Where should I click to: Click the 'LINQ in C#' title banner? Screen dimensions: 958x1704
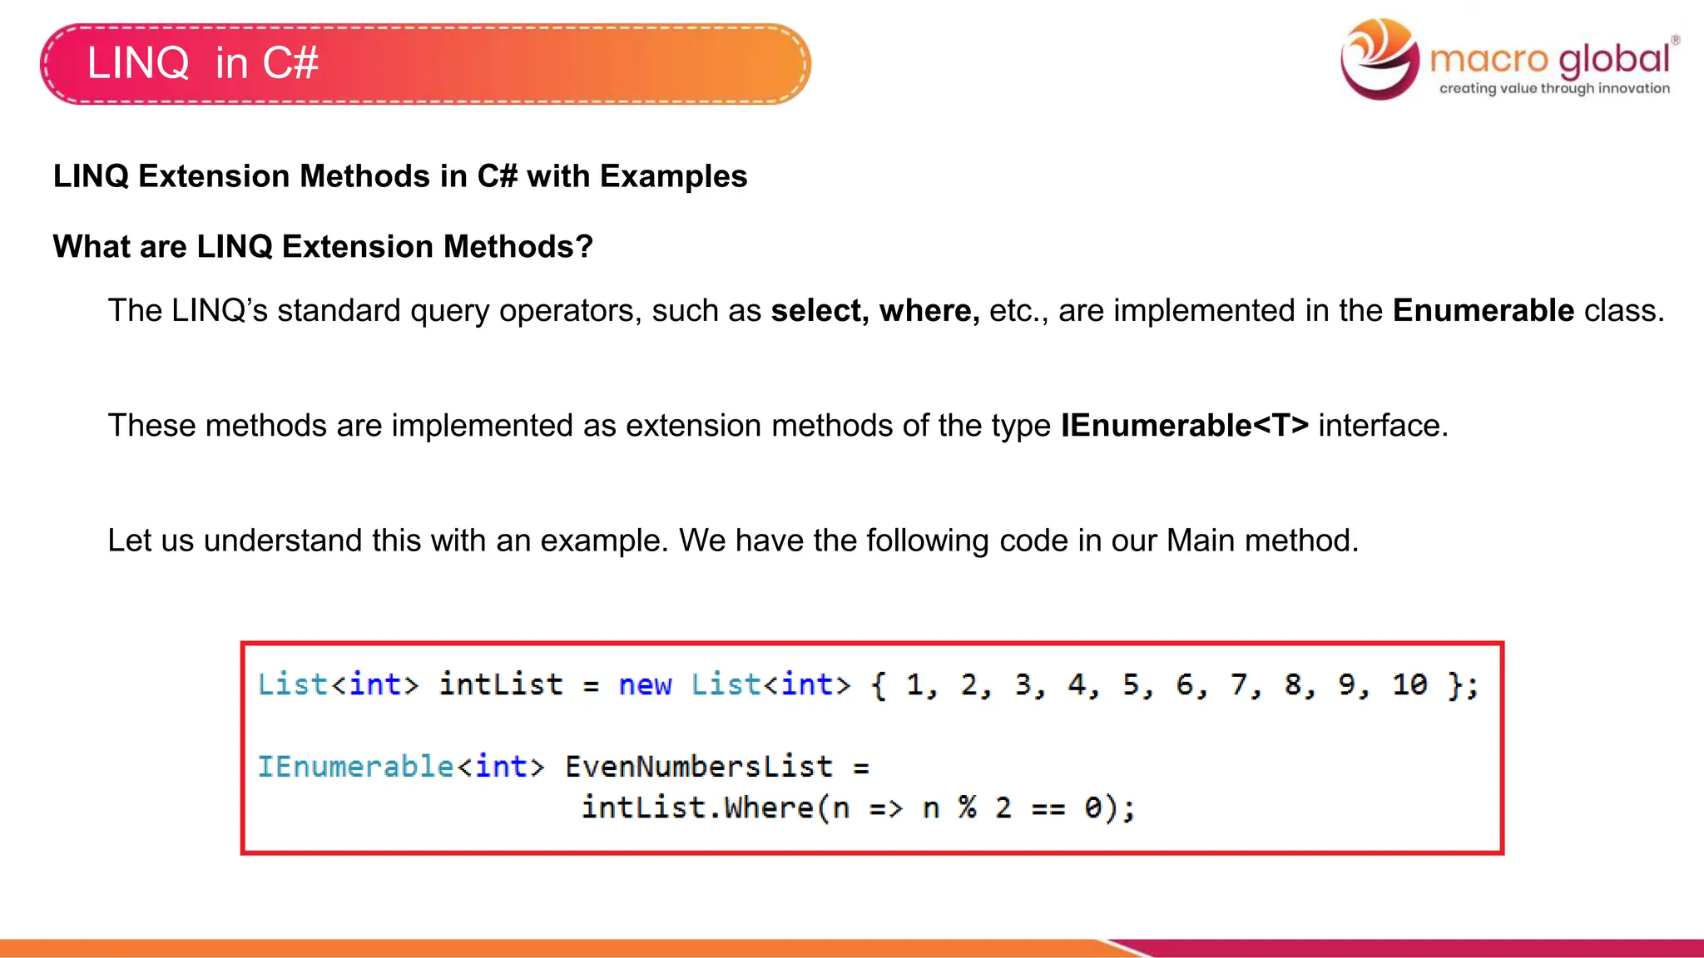click(x=424, y=64)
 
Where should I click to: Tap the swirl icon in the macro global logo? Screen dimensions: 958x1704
click(x=1380, y=59)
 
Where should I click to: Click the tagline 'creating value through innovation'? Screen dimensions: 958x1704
click(x=1554, y=88)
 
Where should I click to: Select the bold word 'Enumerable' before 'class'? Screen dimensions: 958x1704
click(x=1484, y=310)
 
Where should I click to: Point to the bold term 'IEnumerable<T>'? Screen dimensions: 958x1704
click(x=1184, y=425)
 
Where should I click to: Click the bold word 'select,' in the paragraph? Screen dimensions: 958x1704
click(x=820, y=310)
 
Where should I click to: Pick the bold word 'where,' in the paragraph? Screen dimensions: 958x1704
click(x=929, y=310)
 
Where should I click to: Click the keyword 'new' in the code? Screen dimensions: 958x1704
click(x=645, y=684)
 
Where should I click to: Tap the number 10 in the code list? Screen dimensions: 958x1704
click(x=1409, y=684)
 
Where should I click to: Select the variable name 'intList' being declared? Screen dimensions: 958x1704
click(x=501, y=684)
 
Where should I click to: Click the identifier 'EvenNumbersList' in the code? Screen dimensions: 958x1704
click(x=699, y=766)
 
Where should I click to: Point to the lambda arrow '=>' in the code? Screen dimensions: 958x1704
click(x=885, y=807)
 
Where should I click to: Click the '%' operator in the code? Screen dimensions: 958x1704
click(x=967, y=807)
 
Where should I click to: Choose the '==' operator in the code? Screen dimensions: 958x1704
click(x=1048, y=807)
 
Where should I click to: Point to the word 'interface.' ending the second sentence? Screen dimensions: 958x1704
click(x=1383, y=425)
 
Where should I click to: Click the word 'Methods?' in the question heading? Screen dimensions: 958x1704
click(x=518, y=246)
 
